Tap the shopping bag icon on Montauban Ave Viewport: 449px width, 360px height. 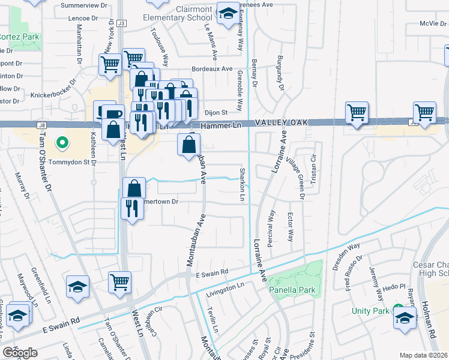[x=188, y=145]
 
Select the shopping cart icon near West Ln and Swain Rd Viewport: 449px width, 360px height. [x=119, y=281]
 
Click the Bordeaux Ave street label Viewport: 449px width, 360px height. [x=212, y=69]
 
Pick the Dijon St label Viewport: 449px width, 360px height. [x=217, y=112]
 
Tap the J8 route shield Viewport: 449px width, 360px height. [x=41, y=125]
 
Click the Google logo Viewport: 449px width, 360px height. [x=20, y=353]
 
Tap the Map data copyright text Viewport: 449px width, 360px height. [x=424, y=355]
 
